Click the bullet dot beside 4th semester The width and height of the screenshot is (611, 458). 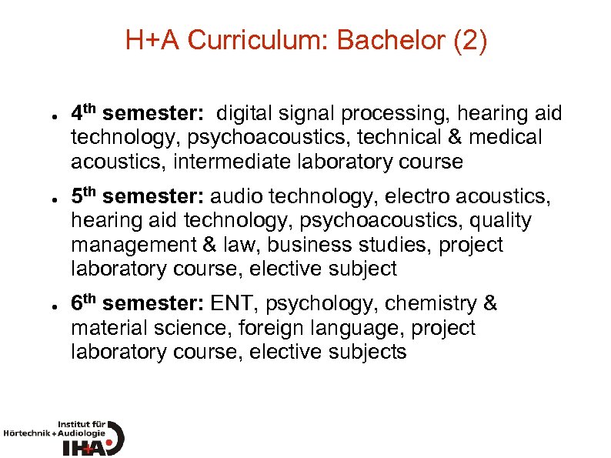47,115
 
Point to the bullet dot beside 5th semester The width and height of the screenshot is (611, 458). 47,197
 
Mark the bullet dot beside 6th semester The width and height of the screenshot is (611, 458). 47,304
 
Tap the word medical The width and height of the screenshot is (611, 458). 504,138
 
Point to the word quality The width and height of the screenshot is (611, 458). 501,220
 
